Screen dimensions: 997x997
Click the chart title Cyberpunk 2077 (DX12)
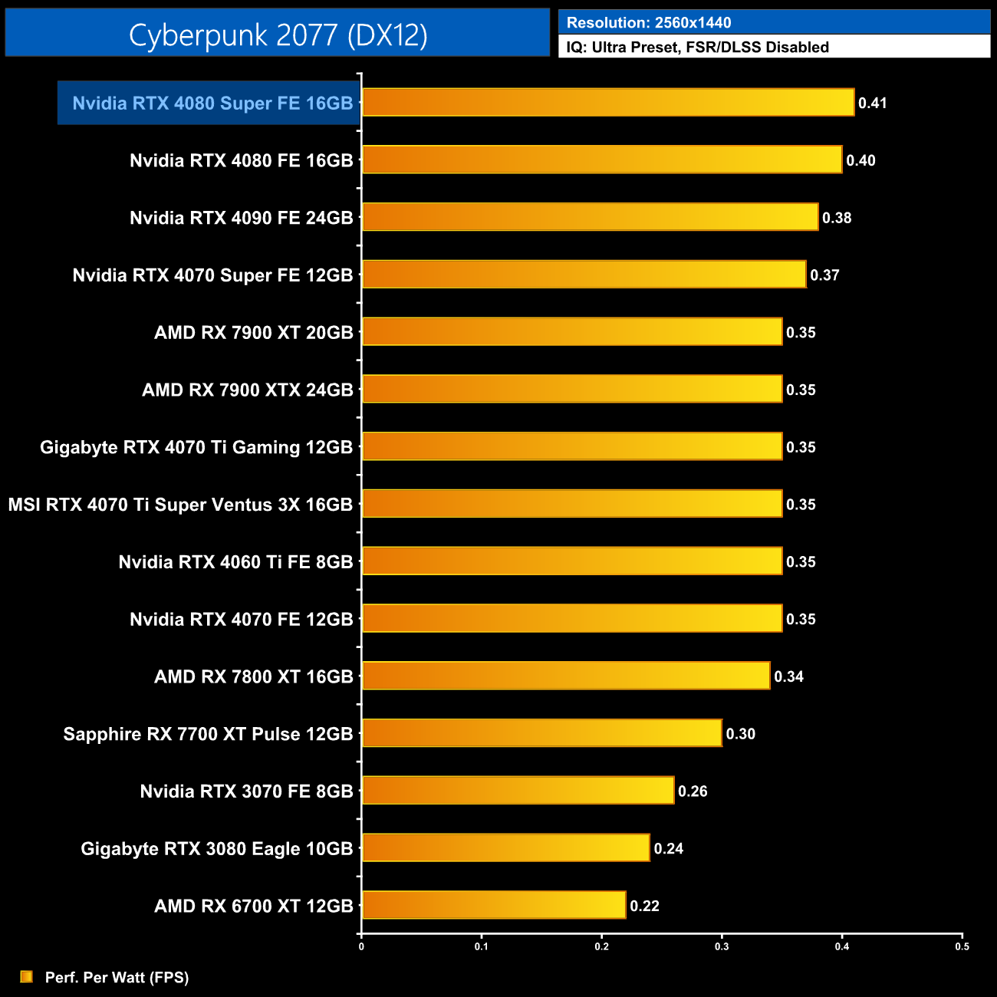click(278, 35)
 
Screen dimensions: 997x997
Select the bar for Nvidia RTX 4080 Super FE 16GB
click(607, 102)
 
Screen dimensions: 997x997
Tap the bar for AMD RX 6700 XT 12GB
click(493, 905)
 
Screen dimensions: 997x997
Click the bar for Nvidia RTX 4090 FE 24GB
click(590, 217)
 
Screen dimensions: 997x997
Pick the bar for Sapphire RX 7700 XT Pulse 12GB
click(541, 733)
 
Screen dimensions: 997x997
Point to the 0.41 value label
click(872, 103)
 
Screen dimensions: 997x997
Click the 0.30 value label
click(740, 734)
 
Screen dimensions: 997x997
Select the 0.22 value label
click(644, 906)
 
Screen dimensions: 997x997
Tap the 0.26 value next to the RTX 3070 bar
click(693, 791)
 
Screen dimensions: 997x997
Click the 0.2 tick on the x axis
click(601, 946)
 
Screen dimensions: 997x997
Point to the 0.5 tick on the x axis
click(962, 946)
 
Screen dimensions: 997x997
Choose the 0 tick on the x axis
click(361, 946)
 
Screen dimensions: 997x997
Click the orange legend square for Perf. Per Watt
click(27, 976)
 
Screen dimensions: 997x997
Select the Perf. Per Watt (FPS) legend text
click(117, 977)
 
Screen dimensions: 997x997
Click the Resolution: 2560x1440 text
click(648, 23)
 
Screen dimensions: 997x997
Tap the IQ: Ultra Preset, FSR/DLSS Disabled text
click(697, 48)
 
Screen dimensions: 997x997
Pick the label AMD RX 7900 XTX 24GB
click(247, 390)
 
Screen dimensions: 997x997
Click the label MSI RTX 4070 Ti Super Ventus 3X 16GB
click(180, 505)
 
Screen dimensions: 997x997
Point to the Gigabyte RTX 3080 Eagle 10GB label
click(216, 849)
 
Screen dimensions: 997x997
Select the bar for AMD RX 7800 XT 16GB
click(565, 676)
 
